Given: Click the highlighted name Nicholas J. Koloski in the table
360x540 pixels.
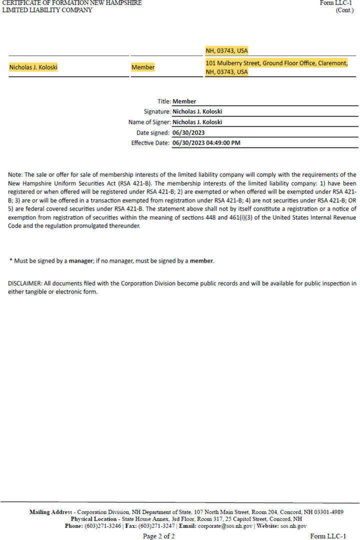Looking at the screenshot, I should pyautogui.click(x=33, y=67).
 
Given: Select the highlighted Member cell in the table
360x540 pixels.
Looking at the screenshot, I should pyautogui.click(x=143, y=67).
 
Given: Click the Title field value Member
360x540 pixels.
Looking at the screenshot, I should pyautogui.click(x=184, y=101).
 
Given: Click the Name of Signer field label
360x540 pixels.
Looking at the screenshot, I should pyautogui.click(x=149, y=122).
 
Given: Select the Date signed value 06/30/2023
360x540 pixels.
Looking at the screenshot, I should pyautogui.click(x=188, y=132).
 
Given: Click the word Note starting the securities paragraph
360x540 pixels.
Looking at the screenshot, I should pyautogui.click(x=15, y=175).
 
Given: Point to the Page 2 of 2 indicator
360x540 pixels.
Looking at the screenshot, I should pyautogui.click(x=159, y=536).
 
